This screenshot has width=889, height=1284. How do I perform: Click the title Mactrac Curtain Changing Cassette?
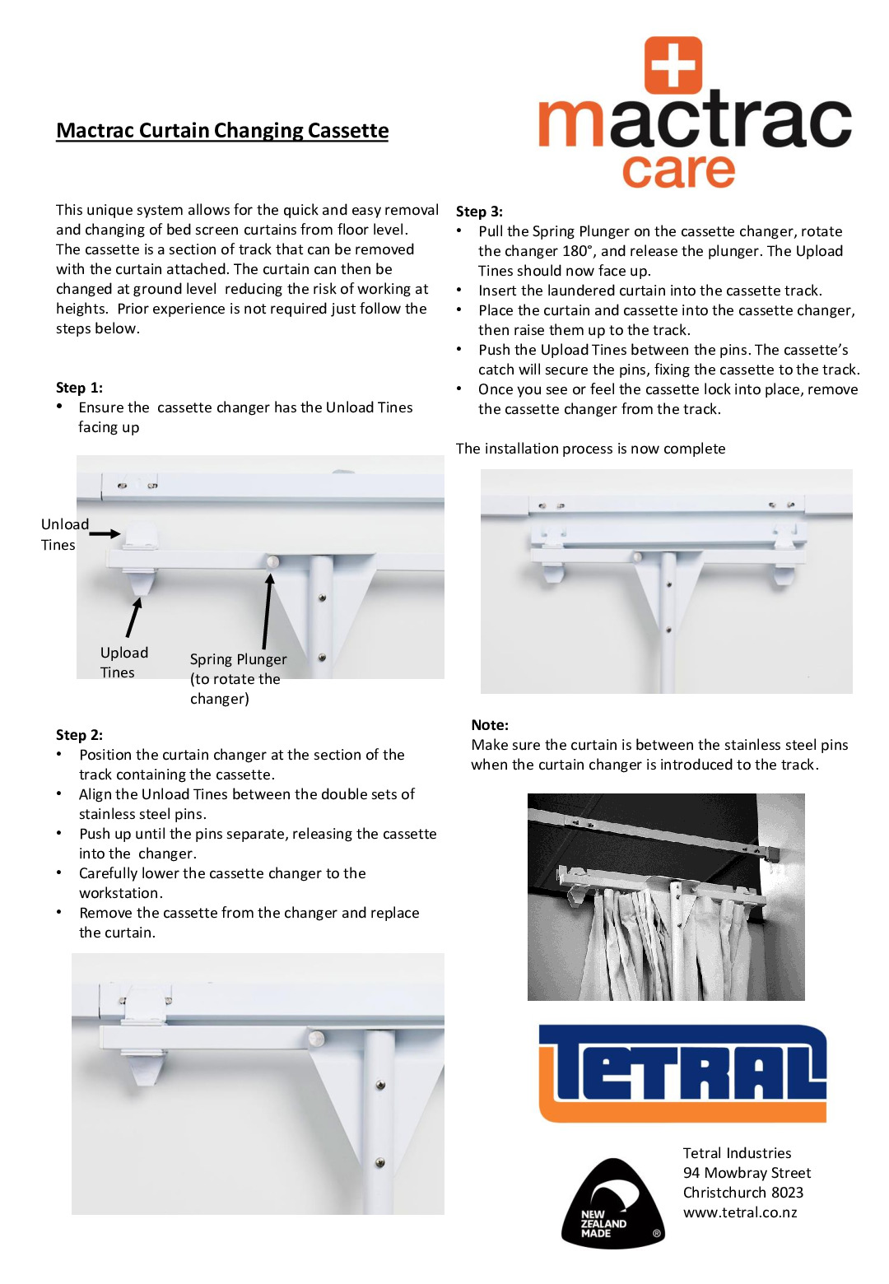pyautogui.click(x=222, y=131)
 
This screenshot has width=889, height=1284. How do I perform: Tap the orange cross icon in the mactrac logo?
pyautogui.click(x=673, y=65)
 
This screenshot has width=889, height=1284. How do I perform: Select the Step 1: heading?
pyautogui.click(x=79, y=388)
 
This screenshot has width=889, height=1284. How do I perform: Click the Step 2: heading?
pyautogui.click(x=79, y=735)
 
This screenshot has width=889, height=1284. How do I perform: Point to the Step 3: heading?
pyautogui.click(x=479, y=212)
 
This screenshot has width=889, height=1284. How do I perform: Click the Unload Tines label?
pyautogui.click(x=64, y=534)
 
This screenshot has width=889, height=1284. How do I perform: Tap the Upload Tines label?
pyautogui.click(x=123, y=662)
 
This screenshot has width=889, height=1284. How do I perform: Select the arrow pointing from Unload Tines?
pyautogui.click(x=105, y=534)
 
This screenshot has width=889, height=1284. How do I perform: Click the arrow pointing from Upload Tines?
pyautogui.click(x=133, y=617)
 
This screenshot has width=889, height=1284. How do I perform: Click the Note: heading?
pyautogui.click(x=490, y=725)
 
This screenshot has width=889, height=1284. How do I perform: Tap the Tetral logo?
pyautogui.click(x=682, y=1072)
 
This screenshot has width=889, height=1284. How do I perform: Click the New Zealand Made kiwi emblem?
pyautogui.click(x=612, y=1204)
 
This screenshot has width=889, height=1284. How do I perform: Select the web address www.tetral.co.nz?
pyautogui.click(x=739, y=1212)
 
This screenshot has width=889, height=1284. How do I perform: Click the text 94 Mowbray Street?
pyautogui.click(x=747, y=1173)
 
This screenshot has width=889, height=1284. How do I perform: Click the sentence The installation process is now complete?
pyautogui.click(x=590, y=449)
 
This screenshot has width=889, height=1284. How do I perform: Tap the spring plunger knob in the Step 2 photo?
pyautogui.click(x=317, y=1039)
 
